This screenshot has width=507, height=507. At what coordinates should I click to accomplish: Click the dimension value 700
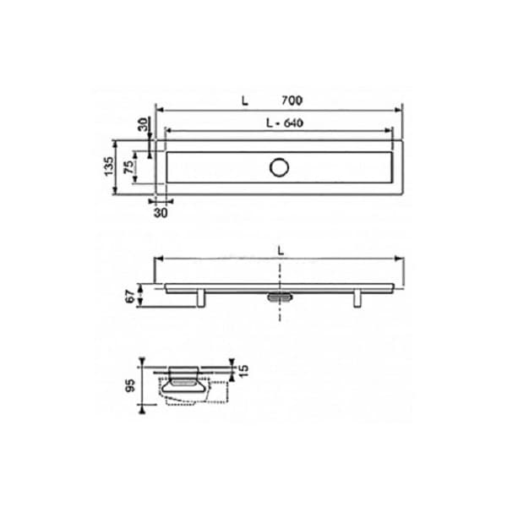[x=292, y=100]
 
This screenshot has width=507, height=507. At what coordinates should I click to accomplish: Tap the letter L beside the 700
[x=244, y=100]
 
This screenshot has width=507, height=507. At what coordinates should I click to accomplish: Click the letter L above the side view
[x=280, y=249]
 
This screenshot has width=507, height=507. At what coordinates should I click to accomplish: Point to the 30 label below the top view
[x=161, y=213]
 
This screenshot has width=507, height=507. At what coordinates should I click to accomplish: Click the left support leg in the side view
[x=202, y=298]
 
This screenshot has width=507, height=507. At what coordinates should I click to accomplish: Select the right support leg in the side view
[x=357, y=298]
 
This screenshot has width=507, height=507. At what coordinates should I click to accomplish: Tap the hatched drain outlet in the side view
[x=280, y=297]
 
